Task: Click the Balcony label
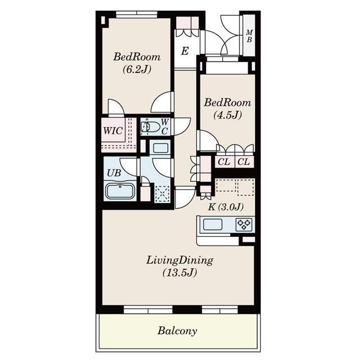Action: (177, 331)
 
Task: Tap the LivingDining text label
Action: (179, 260)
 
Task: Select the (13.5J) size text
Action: (179, 273)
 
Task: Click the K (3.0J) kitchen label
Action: (226, 206)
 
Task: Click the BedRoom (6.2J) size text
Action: (137, 70)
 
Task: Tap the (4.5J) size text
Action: (227, 115)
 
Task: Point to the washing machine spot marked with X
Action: (163, 193)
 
